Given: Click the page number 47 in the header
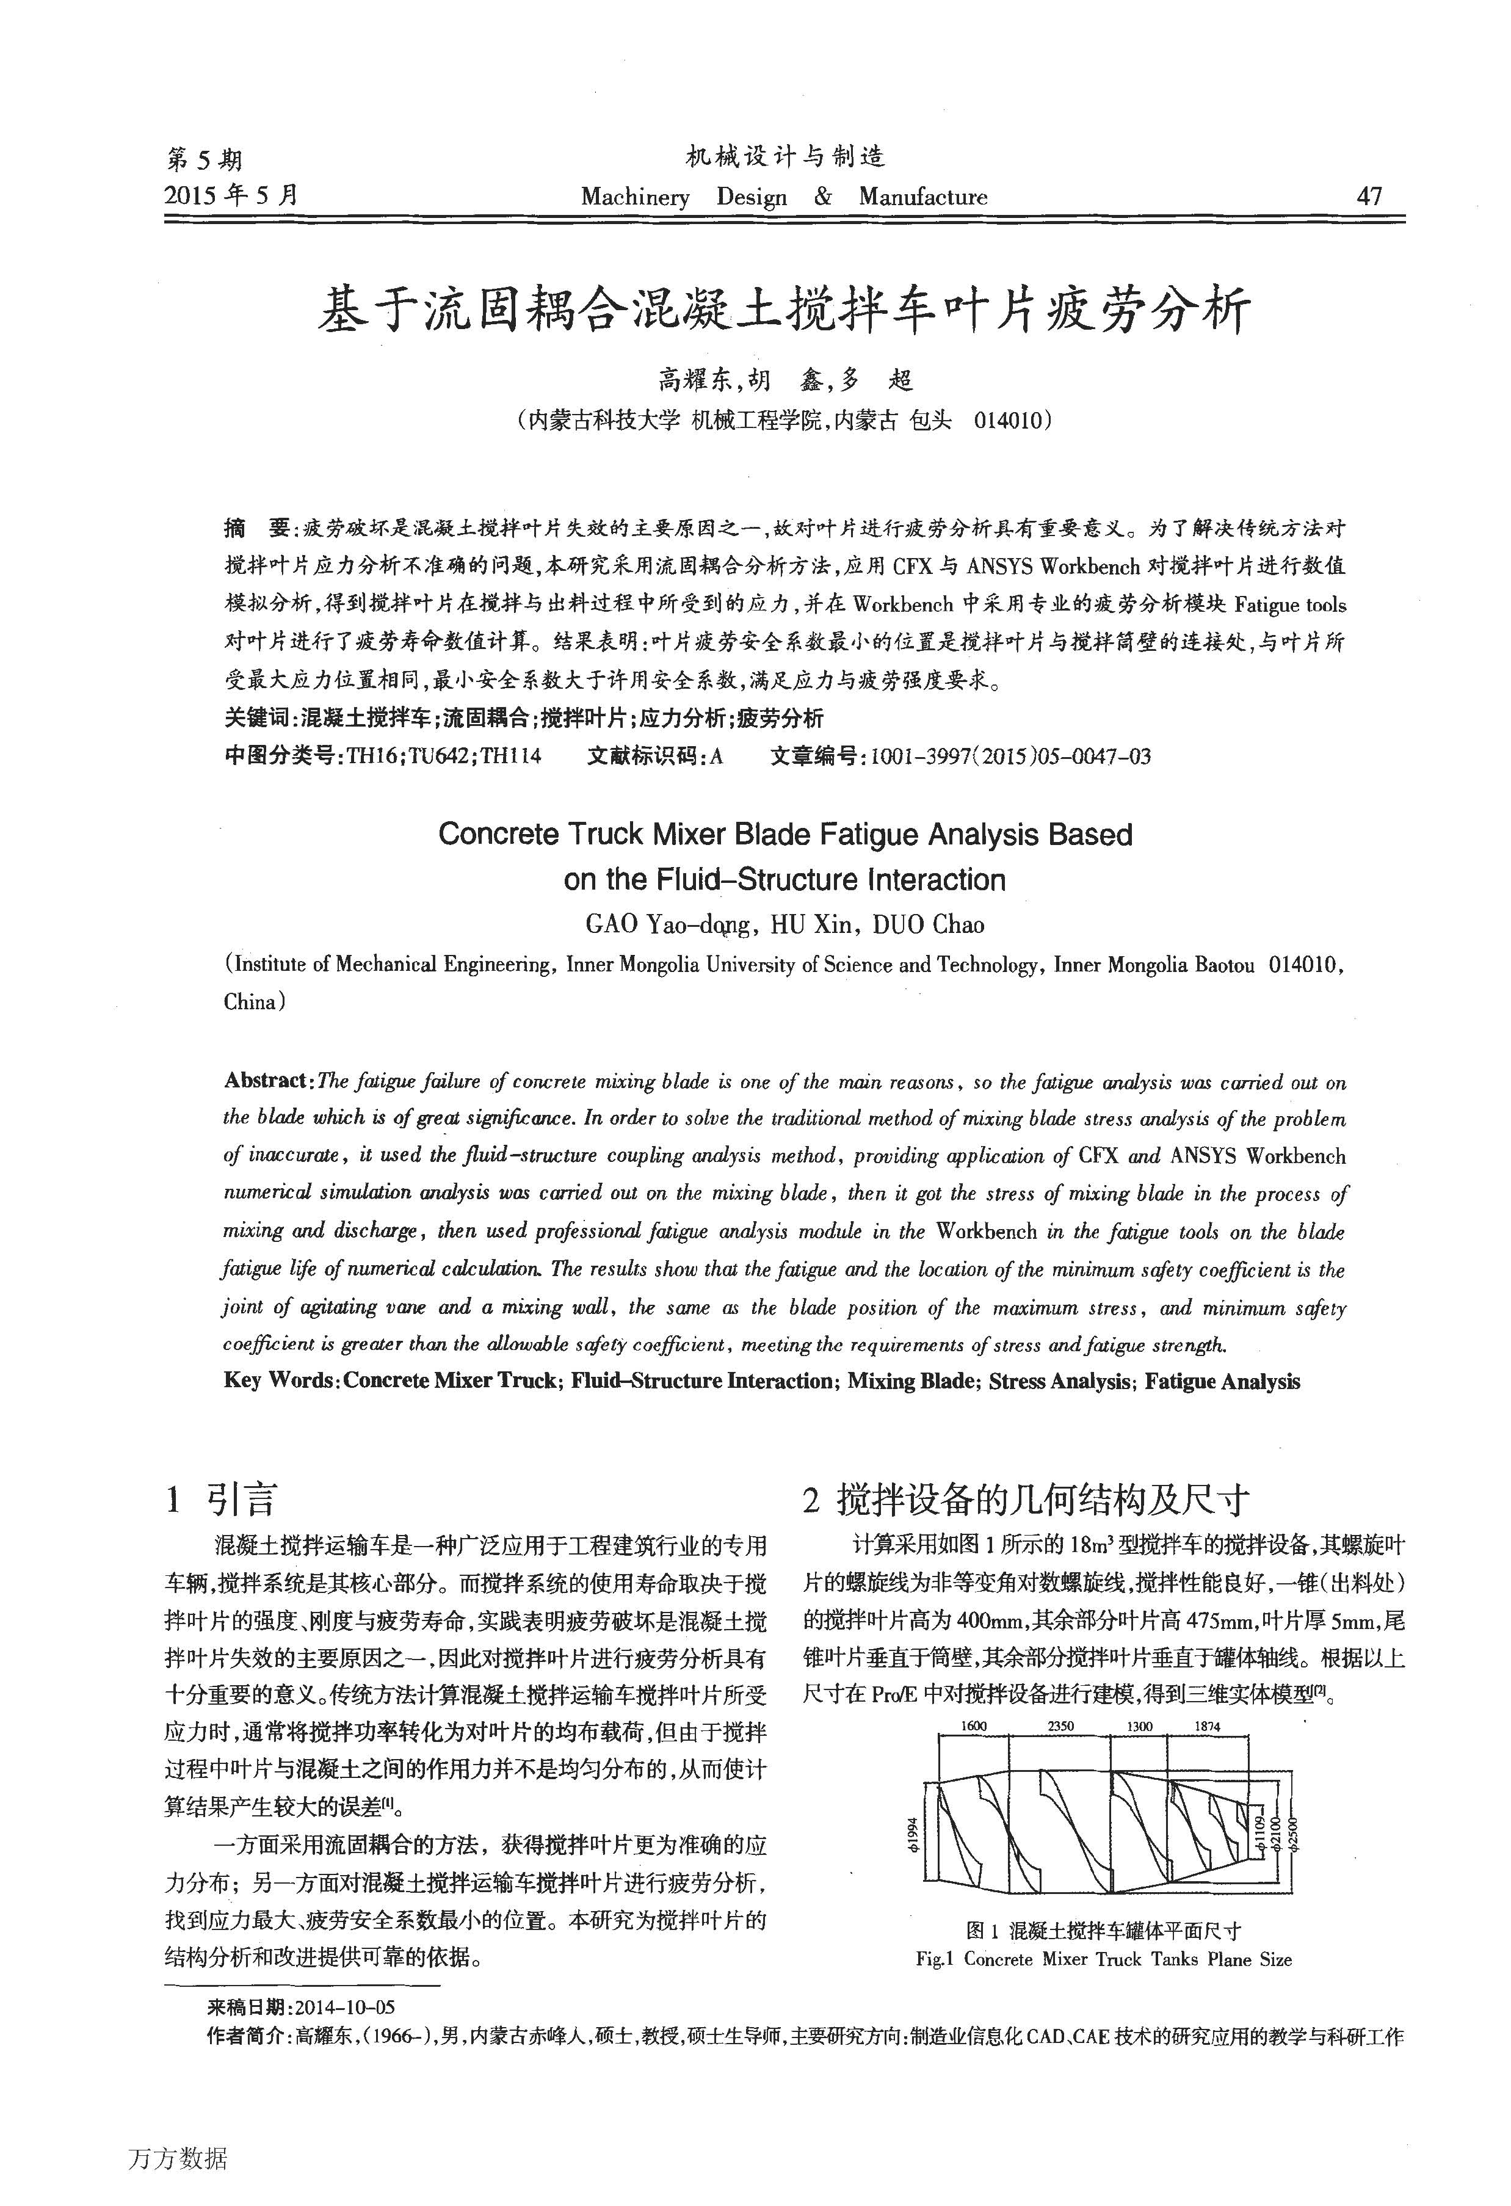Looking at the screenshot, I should (1369, 197).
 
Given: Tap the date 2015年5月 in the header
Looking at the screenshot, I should (231, 195).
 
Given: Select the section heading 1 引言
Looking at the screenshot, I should (220, 1500).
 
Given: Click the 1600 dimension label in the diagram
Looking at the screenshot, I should (974, 1727).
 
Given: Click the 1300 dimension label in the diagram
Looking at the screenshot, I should (1139, 1727).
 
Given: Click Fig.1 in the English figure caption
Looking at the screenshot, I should (934, 1959).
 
